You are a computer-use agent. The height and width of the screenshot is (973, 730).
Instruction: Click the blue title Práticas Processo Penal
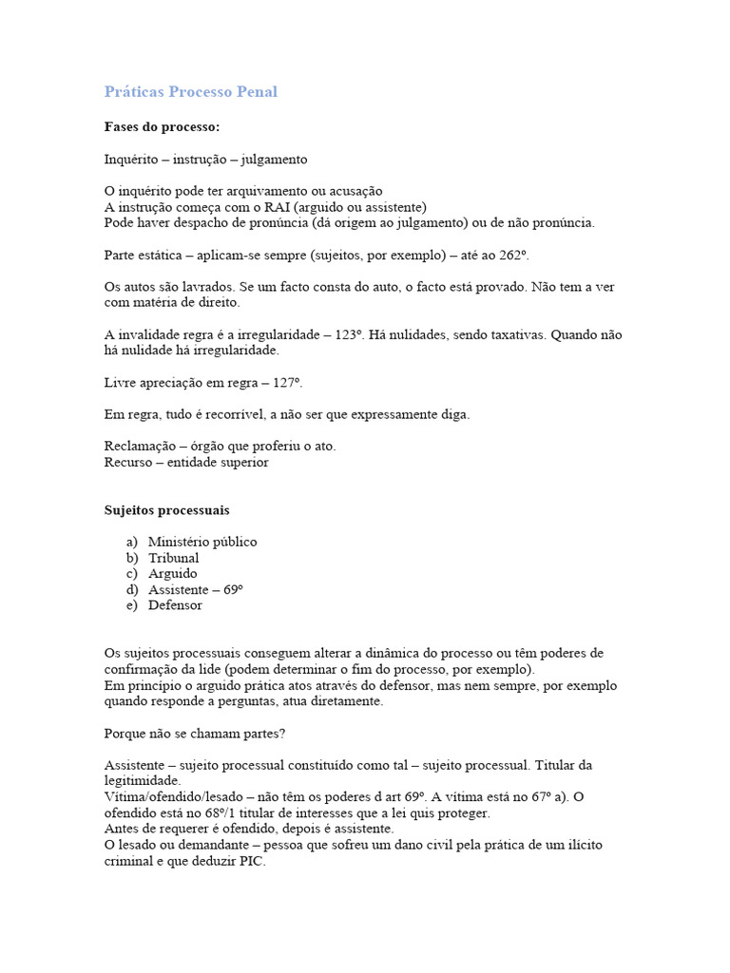click(x=190, y=92)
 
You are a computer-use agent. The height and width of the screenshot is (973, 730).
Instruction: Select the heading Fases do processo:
click(x=162, y=126)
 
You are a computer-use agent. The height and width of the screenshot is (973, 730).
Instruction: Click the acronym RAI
click(x=265, y=207)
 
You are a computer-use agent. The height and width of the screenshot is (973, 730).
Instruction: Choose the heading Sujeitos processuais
click(x=166, y=510)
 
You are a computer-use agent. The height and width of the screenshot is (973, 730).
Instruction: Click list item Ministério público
click(x=202, y=542)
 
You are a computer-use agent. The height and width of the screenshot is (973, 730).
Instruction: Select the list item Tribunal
click(x=174, y=558)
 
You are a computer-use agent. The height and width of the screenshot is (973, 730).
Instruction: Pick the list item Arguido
click(x=173, y=574)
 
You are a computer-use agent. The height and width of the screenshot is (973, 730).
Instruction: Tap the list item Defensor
click(x=175, y=605)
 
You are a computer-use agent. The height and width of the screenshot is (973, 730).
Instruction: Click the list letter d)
click(x=131, y=589)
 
